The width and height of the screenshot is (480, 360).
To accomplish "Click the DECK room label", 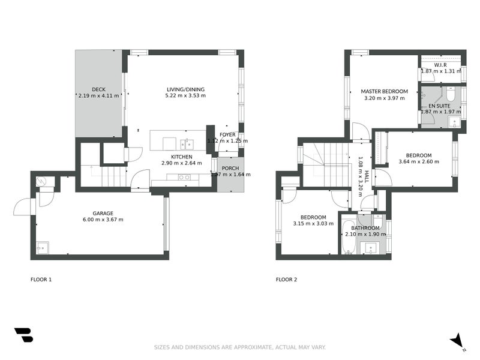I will point(99,89).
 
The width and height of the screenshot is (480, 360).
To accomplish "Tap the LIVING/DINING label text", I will point(185,89).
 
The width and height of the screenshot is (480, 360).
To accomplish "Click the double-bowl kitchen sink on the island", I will point(185,143).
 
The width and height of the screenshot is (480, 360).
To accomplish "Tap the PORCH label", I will point(230,168).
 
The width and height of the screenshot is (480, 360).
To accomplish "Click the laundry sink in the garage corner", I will point(43,247).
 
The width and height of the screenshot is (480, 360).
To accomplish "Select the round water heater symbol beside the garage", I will point(40,181).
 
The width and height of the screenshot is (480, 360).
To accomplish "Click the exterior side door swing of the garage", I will point(23,207).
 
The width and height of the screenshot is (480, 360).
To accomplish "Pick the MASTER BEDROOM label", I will point(384,92).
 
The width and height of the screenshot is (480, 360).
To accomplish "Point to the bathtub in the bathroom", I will point(349,238).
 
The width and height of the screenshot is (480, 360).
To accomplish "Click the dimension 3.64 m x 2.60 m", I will point(415,162).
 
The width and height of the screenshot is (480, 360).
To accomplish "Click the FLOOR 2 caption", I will point(286,280).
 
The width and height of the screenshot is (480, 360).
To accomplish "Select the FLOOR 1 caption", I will point(41,280).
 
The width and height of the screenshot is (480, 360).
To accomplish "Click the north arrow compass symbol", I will point(458,340).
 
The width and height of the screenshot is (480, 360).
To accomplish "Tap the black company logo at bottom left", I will point(23,335).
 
